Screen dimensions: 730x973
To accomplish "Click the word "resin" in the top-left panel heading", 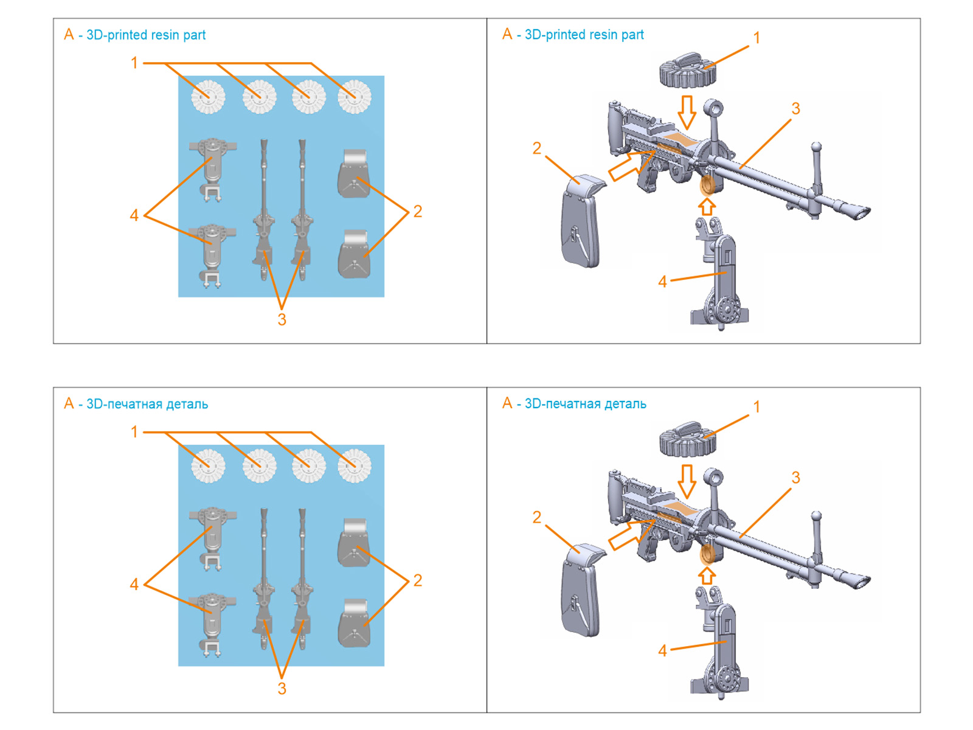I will click(x=165, y=35).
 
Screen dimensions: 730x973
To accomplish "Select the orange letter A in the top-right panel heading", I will click(x=507, y=35).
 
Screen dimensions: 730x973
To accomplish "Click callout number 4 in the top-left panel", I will click(x=134, y=215).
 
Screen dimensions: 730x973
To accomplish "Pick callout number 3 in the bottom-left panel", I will click(x=282, y=689).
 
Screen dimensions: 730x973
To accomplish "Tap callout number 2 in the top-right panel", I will click(x=536, y=148).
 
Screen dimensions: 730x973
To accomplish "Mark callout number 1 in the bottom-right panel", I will click(x=757, y=407).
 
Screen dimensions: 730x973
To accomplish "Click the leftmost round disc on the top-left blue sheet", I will click(x=209, y=97).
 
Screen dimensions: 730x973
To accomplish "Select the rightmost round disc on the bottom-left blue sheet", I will click(x=355, y=466).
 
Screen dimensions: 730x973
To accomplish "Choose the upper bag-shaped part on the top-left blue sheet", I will click(x=354, y=174).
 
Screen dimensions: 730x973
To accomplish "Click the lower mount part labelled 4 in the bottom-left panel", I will click(x=212, y=624).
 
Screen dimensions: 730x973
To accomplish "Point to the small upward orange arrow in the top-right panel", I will click(x=706, y=207).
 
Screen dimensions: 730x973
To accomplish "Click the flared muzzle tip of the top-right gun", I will click(x=859, y=212).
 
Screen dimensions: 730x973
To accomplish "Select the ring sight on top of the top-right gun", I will click(x=713, y=110).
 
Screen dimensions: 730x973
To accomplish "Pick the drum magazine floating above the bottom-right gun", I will click(x=687, y=439).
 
